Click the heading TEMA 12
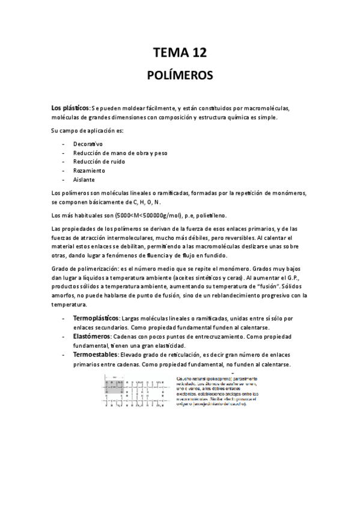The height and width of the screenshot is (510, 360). (180, 53)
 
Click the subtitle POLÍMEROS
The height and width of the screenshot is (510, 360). (180, 76)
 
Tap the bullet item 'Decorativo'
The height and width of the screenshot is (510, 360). (88, 144)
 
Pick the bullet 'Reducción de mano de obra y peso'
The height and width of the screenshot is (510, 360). (120, 153)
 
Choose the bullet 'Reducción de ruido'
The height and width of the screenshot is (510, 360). (100, 162)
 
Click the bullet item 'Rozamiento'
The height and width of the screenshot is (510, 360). (89, 171)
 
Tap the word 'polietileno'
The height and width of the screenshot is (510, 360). (210, 215)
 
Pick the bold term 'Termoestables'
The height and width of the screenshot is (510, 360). (94, 355)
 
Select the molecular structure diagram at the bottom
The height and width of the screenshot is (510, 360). (136, 389)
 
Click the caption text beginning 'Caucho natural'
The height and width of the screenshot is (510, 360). (216, 390)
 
